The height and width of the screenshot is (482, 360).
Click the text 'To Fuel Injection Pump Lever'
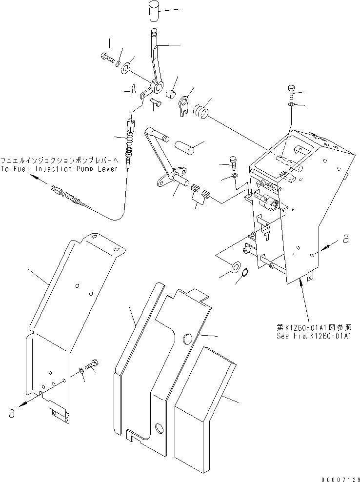[x=59, y=169]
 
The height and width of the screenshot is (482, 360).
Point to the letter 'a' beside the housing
[x=345, y=239]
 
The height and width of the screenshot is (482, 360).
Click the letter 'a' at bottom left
[x=12, y=413]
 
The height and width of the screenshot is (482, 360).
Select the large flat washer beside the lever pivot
[x=125, y=67]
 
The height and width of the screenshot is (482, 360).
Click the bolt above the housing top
[x=291, y=92]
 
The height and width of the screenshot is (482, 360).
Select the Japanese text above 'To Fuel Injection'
[x=59, y=160]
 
